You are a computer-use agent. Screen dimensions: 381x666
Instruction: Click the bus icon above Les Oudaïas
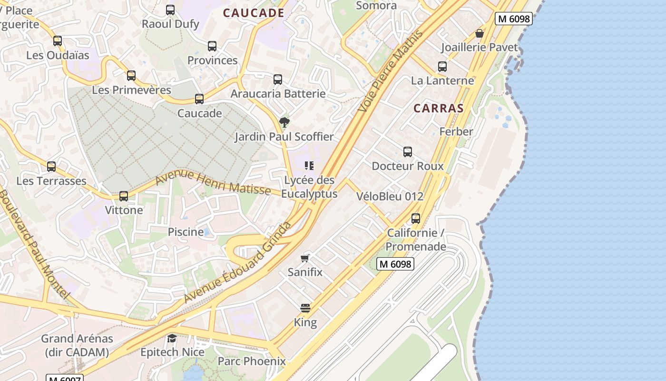pos(58,41)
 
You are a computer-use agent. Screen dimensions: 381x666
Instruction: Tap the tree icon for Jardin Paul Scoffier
pos(284,122)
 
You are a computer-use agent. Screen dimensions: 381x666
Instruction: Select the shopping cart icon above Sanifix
pos(305,258)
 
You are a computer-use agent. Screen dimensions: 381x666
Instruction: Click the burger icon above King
pos(305,308)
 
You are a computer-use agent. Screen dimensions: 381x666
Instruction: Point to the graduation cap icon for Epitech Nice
pos(172,338)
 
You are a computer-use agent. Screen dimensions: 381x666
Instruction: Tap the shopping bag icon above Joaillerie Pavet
pos(480,33)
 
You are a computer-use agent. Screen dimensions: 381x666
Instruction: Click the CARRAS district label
pos(438,108)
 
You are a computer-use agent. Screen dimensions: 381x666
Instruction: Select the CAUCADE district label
pos(254,13)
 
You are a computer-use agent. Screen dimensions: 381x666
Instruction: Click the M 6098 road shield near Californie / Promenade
pos(395,264)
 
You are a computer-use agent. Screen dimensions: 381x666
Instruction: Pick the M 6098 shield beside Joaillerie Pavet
pos(513,19)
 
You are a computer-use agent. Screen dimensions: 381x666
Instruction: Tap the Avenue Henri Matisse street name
pos(213,183)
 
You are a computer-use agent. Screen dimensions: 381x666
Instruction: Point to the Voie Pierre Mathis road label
pos(390,71)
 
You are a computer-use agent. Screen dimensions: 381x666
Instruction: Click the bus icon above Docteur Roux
pos(408,152)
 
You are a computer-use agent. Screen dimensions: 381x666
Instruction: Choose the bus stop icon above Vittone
pos(124,196)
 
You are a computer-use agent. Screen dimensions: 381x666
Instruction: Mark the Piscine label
pos(186,232)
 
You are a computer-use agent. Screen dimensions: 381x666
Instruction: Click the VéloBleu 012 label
pos(390,196)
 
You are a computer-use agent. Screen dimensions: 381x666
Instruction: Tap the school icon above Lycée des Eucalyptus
pos(309,166)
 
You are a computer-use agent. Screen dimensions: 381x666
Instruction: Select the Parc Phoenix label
pos(252,361)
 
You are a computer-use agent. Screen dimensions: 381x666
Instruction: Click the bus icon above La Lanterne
pos(442,67)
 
